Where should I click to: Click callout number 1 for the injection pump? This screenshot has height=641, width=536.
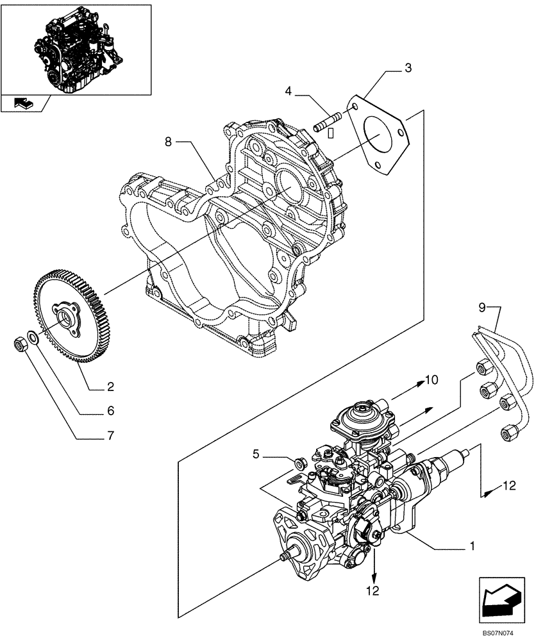[473, 547]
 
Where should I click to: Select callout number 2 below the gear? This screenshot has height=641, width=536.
[110, 387]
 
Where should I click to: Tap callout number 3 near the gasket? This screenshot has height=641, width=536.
[408, 69]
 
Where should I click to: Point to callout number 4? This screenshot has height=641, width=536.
[289, 92]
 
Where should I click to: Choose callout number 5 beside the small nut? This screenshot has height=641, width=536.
[256, 454]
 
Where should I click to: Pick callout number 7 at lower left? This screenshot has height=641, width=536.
[110, 437]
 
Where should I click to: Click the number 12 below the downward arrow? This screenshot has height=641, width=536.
[373, 590]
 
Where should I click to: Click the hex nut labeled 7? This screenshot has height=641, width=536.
[20, 345]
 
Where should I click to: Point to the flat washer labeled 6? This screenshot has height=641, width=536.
[32, 338]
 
